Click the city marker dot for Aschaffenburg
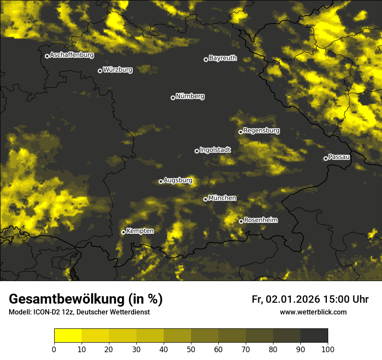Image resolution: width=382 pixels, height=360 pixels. point(47,56)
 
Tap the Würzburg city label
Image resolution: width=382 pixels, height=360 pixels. point(118,69)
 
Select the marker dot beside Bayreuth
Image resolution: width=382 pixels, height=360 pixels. point(206,59)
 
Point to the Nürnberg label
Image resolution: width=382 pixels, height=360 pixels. point(190,96)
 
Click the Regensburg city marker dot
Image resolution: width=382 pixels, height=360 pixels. point(240,132)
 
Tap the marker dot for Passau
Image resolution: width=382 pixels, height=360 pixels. point(326,158)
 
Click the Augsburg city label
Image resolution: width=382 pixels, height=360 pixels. point(178,180)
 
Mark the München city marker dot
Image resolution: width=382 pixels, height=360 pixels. point(205,200)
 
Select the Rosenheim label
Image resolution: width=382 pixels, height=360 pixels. point(260,220)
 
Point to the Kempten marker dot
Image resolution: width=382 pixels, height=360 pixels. point(123,232)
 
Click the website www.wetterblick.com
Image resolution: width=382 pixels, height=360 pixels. point(313,312)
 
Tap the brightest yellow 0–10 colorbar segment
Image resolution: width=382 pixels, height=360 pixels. point(68,336)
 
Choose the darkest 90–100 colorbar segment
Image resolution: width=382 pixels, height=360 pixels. point(314,336)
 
